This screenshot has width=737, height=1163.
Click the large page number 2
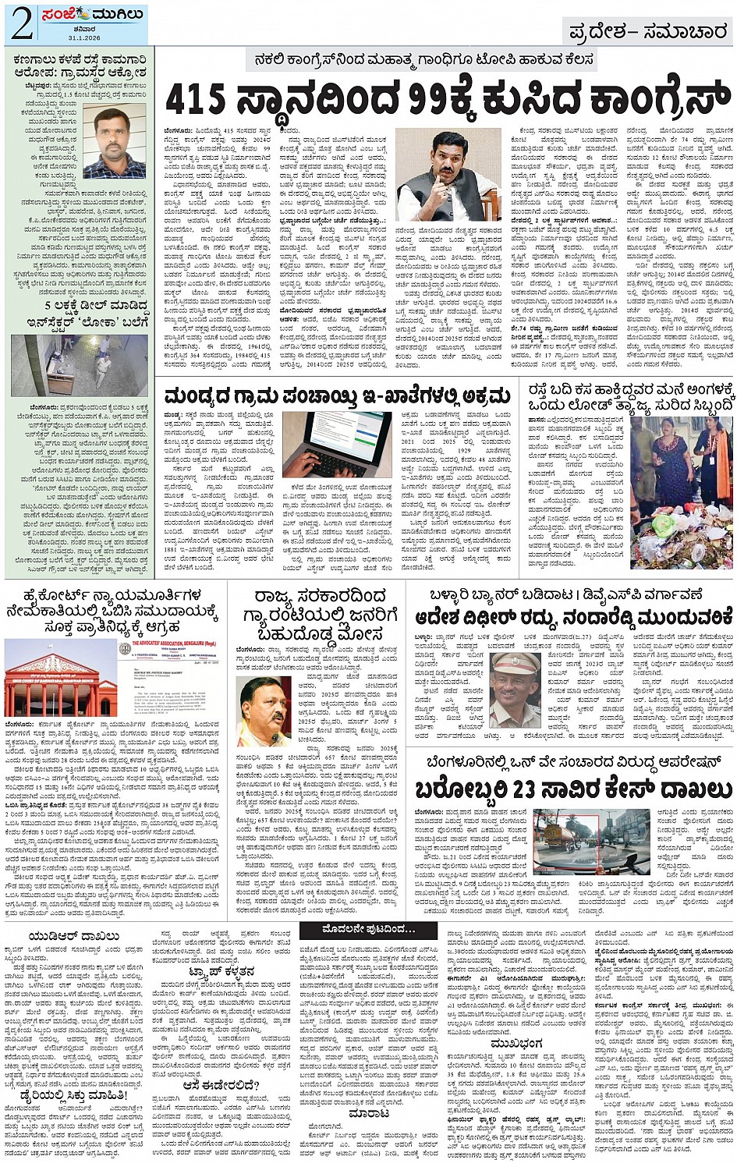(21, 25)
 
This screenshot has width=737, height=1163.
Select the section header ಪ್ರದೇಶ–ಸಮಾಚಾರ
(649, 32)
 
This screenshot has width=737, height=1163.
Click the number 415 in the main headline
(196, 99)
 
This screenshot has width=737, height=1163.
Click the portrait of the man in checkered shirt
(114, 143)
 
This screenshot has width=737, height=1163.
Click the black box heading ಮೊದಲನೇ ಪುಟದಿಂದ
(369, 930)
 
